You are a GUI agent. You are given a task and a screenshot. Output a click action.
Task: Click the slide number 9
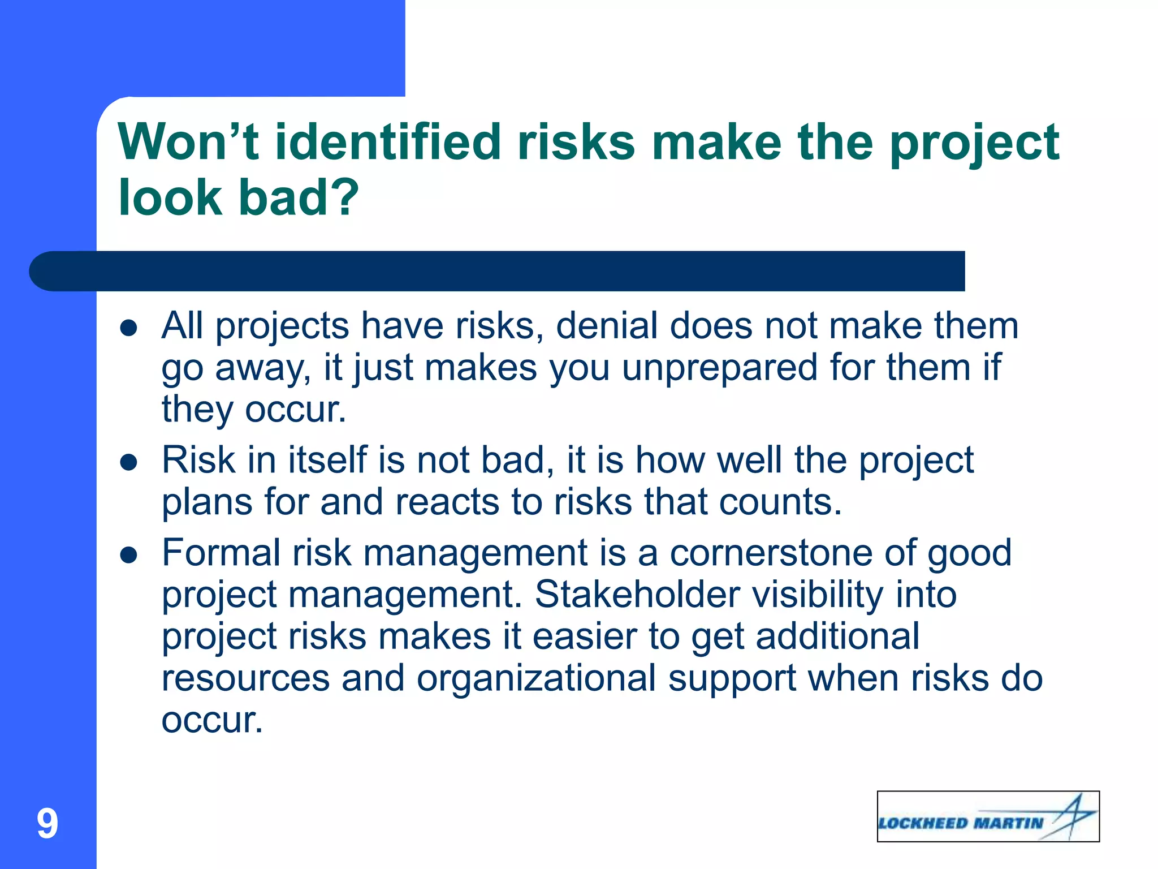pos(47,824)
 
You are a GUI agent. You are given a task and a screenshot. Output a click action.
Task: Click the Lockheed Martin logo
pos(988,816)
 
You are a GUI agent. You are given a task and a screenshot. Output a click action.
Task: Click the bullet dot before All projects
pos(129,328)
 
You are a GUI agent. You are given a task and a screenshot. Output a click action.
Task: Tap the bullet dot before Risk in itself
pos(129,462)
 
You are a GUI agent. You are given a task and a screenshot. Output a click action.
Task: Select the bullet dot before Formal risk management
pos(129,555)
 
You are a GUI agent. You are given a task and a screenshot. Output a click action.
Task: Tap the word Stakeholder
pos(637,595)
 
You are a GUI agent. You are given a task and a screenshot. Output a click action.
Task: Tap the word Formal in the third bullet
pos(221,553)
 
